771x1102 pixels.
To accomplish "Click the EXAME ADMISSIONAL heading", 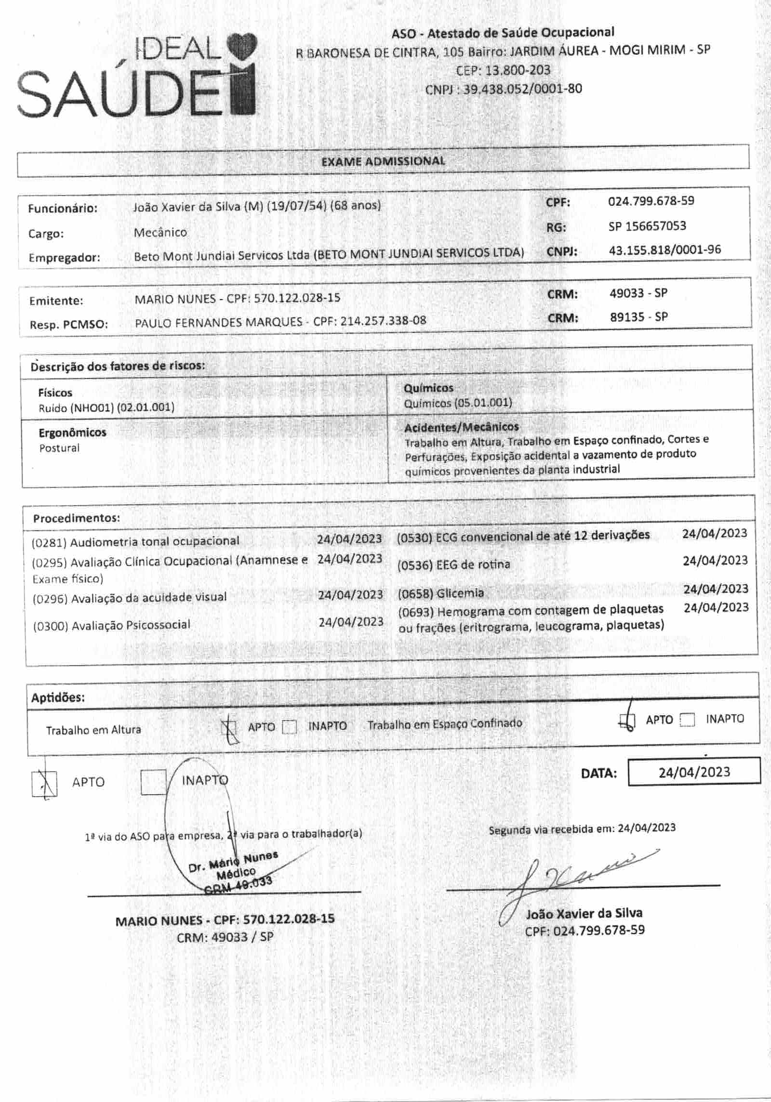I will point(383,161).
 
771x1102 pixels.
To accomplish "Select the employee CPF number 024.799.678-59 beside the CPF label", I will point(651,201).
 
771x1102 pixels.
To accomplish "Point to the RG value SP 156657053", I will point(647,226).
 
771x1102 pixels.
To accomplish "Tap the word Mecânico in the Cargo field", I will point(160,232).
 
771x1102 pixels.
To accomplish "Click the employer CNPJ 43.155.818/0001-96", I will point(665,250).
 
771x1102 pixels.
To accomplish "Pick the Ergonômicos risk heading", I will point(72,433).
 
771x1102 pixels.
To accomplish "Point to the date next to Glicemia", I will point(716,589).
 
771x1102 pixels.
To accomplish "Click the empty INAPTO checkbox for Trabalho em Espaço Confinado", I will point(687,720).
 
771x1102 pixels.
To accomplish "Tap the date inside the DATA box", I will point(694,772).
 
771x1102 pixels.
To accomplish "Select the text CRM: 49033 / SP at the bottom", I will point(225,937).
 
